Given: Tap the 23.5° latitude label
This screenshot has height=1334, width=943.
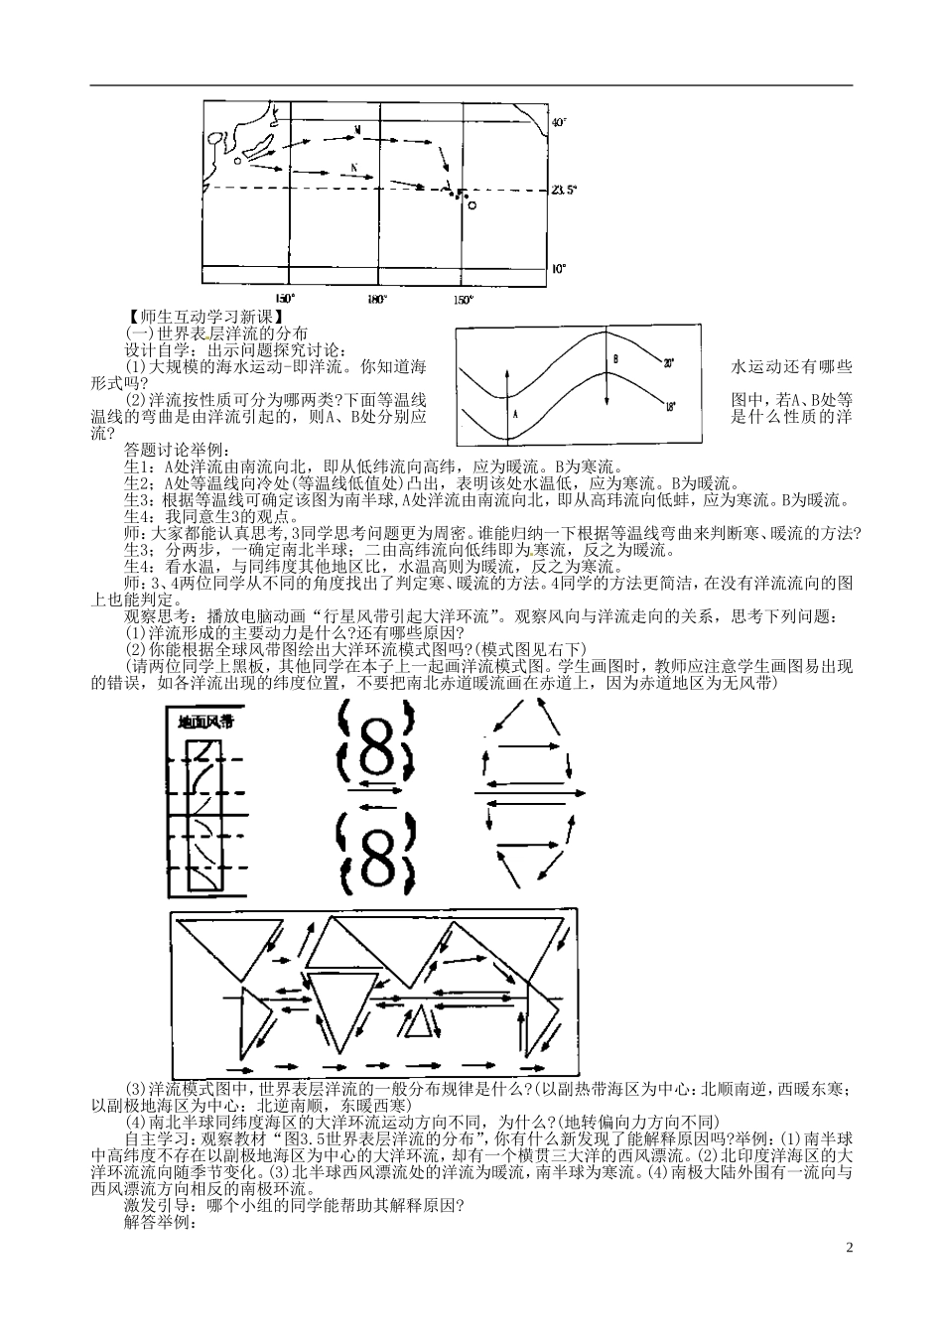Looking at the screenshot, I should tap(563, 188).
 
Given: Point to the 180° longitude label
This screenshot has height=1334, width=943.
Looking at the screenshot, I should tap(377, 299).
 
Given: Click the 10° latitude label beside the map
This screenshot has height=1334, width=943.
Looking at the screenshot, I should tap(559, 268).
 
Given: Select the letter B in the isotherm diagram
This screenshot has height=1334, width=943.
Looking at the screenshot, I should tap(615, 358).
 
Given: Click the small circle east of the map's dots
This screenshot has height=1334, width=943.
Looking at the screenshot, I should tap(471, 205).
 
